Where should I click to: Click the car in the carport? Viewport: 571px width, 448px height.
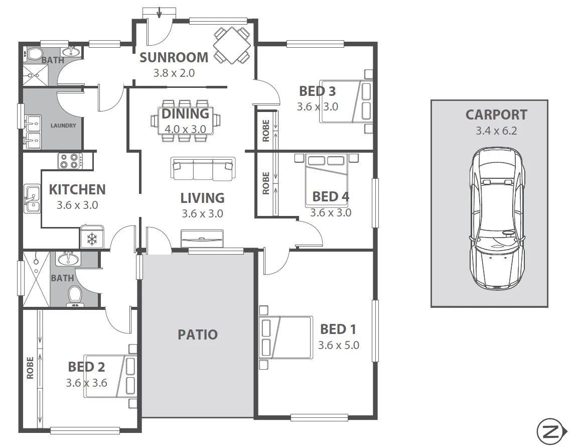point(497,218)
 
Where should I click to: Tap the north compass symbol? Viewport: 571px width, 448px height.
point(550,431)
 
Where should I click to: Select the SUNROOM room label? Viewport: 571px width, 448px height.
point(174,57)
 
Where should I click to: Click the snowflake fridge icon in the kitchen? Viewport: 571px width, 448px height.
point(92,239)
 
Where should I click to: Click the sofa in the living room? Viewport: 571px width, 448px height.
point(203,169)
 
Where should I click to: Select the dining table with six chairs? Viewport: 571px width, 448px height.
point(185,121)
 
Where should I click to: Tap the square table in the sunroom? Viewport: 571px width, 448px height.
point(232,46)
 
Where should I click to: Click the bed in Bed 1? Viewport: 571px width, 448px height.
point(286,337)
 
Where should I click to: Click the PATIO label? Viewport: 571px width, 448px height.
point(198,334)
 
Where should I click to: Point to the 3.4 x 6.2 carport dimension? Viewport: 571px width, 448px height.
point(496,131)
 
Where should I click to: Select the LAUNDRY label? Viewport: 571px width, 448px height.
point(63,126)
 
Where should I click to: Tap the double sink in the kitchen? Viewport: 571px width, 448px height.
point(32,199)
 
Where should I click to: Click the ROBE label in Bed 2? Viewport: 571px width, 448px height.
point(30,368)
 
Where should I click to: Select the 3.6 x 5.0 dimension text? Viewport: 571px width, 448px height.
point(338,346)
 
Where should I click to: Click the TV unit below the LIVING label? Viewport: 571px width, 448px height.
point(202,238)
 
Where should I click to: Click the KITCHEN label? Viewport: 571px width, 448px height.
point(77,190)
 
